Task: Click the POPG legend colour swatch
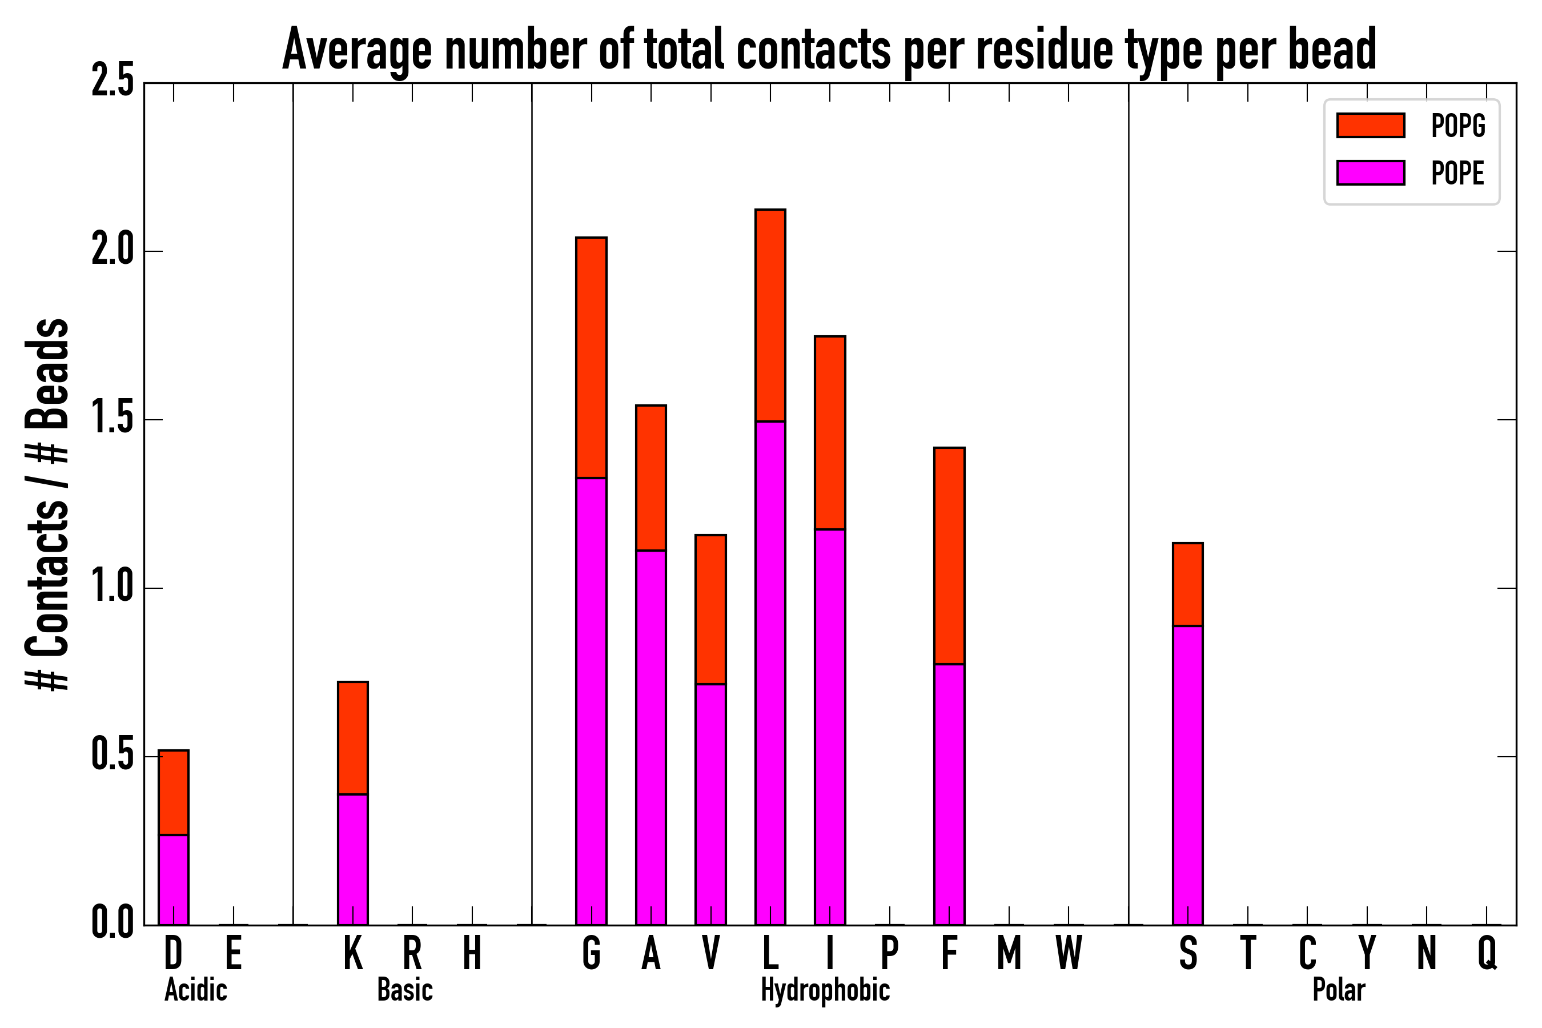pos(1370,125)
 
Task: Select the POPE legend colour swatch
pos(1370,172)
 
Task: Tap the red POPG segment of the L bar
pos(770,315)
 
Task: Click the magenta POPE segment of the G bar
pos(591,701)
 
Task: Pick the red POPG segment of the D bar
pos(174,793)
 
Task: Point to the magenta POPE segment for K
pos(353,860)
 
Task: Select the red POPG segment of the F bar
pos(949,556)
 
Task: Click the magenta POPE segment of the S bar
pos(1188,776)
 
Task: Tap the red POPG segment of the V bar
pos(710,610)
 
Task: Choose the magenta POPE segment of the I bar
pos(830,727)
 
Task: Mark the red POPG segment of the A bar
pos(651,478)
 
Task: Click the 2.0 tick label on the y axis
pos(113,251)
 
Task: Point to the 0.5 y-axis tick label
pos(113,756)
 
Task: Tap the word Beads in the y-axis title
pos(47,374)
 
